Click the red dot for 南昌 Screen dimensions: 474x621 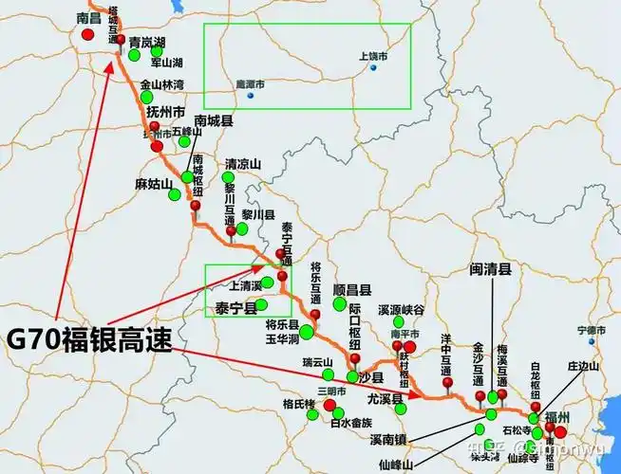point(88,34)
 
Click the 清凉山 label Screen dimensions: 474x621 point(242,163)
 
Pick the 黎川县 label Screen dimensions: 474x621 point(257,215)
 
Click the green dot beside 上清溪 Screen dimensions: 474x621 point(268,283)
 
